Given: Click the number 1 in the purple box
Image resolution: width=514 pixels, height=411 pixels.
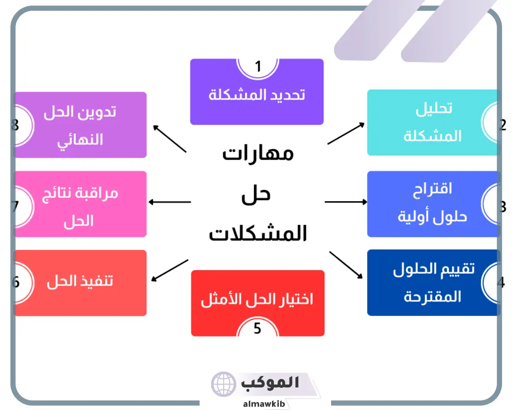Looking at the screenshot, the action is (258, 66).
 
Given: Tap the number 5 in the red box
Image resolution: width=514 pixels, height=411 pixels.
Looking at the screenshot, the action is (257, 328).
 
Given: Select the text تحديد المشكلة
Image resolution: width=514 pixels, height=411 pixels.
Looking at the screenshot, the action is (257, 95).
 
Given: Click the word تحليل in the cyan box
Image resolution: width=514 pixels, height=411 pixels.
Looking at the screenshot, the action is (434, 109).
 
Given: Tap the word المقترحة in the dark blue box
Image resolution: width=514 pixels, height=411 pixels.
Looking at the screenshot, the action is (432, 297).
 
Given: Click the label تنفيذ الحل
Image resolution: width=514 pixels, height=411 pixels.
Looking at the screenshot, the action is (80, 281).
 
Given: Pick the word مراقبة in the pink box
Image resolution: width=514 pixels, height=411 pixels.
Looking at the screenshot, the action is (98, 193).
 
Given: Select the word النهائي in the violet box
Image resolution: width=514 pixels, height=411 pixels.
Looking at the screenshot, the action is (80, 141).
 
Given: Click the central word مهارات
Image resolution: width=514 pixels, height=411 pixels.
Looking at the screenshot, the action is (258, 154).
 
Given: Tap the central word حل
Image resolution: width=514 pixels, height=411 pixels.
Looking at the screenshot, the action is (256, 195).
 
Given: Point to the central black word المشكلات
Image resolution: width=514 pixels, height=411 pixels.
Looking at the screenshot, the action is (258, 233).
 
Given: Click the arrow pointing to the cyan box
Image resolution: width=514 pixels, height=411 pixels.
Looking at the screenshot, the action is (346, 134).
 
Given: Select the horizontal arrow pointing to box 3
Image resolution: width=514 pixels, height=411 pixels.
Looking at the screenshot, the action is (346, 202).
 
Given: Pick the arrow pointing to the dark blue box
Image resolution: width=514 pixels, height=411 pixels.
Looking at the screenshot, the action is (346, 265).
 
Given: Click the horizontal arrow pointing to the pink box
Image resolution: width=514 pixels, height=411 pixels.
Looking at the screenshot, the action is (170, 202).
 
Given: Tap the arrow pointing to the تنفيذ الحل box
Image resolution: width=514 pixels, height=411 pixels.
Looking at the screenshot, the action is (170, 270).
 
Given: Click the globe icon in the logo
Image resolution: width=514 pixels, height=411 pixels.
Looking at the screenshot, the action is (224, 384).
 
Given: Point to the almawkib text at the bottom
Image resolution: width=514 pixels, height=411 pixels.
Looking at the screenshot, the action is (264, 404).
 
